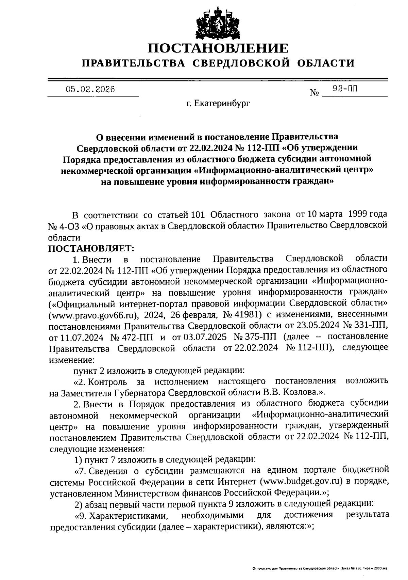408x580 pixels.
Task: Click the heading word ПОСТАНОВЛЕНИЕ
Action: [218, 48]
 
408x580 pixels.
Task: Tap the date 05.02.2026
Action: [90, 90]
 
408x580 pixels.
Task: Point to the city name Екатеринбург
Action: [222, 103]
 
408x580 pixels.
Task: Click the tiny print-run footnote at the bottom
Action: [320, 568]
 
